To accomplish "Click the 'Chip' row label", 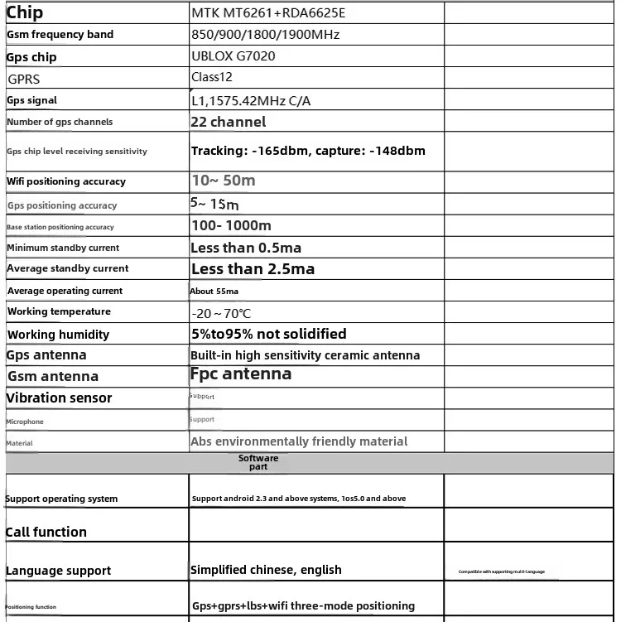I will pyautogui.click(x=25, y=12).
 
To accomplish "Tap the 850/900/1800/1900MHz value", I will pyautogui.click(x=265, y=35).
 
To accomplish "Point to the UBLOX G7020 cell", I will pyautogui.click(x=233, y=56).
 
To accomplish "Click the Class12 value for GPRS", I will pyautogui.click(x=212, y=77).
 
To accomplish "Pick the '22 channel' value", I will pyautogui.click(x=229, y=122).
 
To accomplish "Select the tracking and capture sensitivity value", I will pyautogui.click(x=308, y=151).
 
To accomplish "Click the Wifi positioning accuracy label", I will pyautogui.click(x=66, y=181).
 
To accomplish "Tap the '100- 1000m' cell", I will pyautogui.click(x=231, y=225).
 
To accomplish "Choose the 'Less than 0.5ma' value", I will pyautogui.click(x=246, y=248).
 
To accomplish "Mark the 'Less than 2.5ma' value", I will pyautogui.click(x=253, y=268).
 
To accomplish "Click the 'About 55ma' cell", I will pyautogui.click(x=214, y=292).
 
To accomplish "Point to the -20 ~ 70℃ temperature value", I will pyautogui.click(x=221, y=314).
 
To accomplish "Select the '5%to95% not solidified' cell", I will pyautogui.click(x=268, y=334).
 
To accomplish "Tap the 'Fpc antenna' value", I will pyautogui.click(x=241, y=374).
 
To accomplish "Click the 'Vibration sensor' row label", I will pyautogui.click(x=59, y=398).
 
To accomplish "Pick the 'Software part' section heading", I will pyautogui.click(x=258, y=462).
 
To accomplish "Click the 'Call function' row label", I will pyautogui.click(x=46, y=532).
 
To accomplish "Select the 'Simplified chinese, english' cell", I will pyautogui.click(x=266, y=570).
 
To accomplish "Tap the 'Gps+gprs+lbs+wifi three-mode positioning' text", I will pyautogui.click(x=303, y=605).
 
